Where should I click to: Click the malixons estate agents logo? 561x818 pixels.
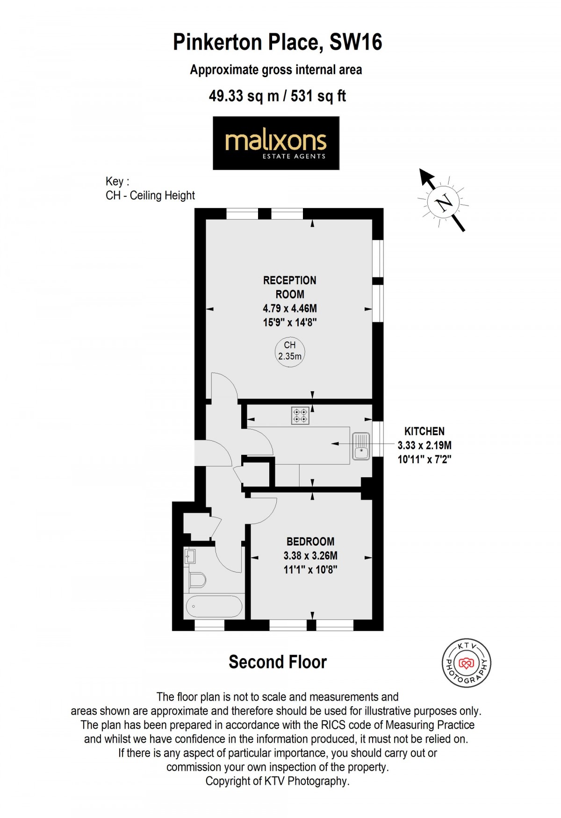(276, 143)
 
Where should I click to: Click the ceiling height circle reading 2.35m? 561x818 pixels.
(290, 352)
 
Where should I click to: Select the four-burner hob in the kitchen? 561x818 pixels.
(300, 416)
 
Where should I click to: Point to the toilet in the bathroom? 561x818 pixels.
(197, 580)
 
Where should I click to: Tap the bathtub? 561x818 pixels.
(214, 606)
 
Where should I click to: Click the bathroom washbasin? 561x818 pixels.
(190, 556)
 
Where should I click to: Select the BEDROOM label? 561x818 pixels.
(310, 542)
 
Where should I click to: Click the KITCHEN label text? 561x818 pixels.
(424, 431)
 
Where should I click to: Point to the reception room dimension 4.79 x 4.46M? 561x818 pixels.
(290, 309)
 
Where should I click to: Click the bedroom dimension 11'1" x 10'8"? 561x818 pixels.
(310, 570)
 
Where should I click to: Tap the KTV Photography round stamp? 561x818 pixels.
(466, 663)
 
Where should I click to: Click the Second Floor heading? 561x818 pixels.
(278, 662)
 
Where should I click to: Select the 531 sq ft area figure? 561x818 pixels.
(318, 96)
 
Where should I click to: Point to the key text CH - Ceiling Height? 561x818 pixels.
(150, 195)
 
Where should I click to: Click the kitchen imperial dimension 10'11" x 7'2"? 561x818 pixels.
(424, 459)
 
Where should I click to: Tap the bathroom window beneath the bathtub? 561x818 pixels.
(209, 625)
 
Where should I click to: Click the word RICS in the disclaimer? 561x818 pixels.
(333, 725)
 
